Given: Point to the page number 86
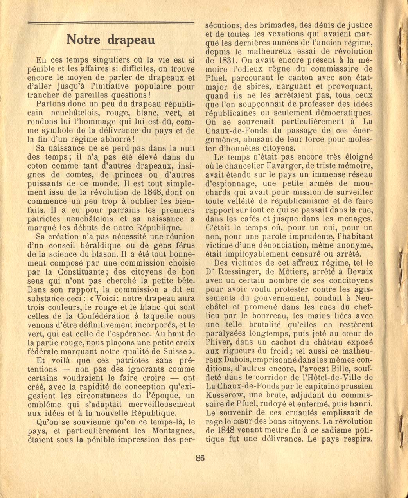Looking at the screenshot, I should pyautogui.click(x=200, y=458).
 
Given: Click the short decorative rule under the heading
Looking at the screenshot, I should pyautogui.click(x=111, y=51).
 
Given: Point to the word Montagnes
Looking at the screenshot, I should pyautogui.click(x=172, y=431).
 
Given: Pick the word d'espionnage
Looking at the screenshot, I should pyautogui.click(x=226, y=183).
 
